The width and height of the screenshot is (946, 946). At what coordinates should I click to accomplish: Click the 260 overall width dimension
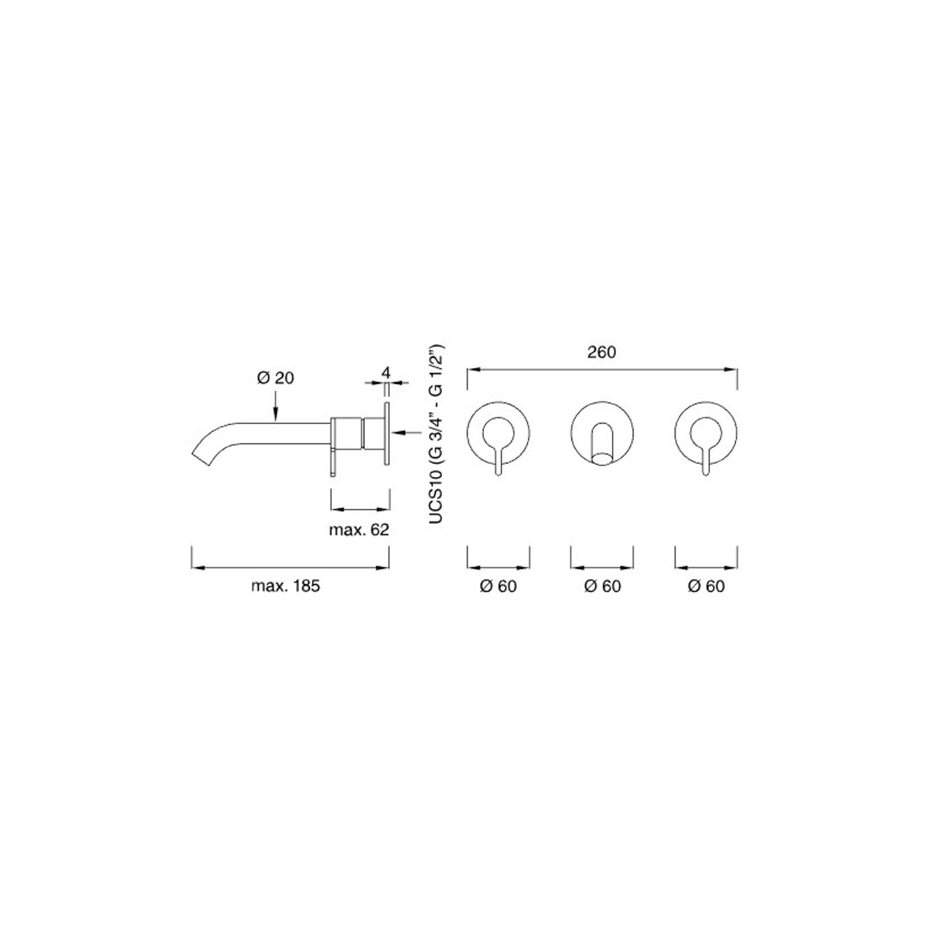pyautogui.click(x=601, y=352)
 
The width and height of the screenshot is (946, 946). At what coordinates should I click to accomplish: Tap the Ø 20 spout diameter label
pyautogui.click(x=275, y=378)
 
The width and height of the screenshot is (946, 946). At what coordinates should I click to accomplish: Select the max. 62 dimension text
pyautogui.click(x=359, y=531)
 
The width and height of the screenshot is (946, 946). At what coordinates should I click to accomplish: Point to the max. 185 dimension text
pyautogui.click(x=286, y=586)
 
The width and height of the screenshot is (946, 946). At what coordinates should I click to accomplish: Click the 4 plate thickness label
pyautogui.click(x=386, y=373)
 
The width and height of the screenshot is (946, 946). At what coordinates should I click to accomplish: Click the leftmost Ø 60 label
pyautogui.click(x=498, y=586)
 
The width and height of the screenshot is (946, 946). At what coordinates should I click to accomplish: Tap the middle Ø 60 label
pyautogui.click(x=602, y=586)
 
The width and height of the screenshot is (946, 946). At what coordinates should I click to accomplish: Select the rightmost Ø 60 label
pyautogui.click(x=706, y=586)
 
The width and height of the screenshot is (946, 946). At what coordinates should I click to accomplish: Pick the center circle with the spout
pyautogui.click(x=602, y=433)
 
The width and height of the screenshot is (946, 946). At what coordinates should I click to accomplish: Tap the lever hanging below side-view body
pyautogui.click(x=333, y=463)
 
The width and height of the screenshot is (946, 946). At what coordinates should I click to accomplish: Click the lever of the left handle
pyautogui.click(x=498, y=460)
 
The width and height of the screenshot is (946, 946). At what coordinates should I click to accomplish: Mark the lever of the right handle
pyautogui.click(x=706, y=460)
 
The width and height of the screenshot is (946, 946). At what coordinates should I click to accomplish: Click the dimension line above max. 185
pyautogui.click(x=290, y=568)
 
